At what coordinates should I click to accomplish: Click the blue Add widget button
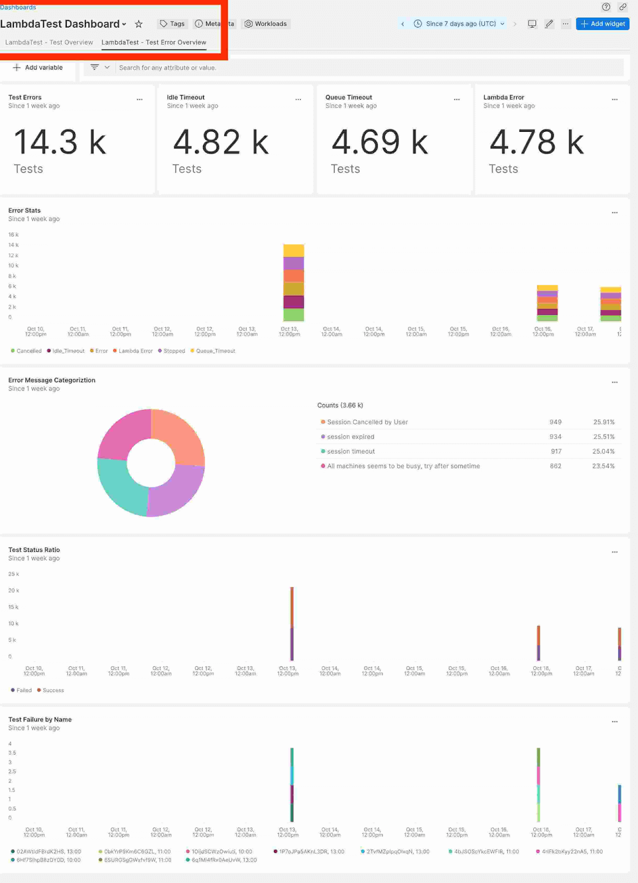[602, 24]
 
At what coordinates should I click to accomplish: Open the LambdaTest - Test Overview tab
[49, 42]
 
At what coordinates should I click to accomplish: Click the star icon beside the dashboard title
[139, 24]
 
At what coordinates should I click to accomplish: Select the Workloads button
[266, 24]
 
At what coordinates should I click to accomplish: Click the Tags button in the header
[172, 24]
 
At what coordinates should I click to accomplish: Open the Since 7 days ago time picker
[459, 24]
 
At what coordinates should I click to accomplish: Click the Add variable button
[38, 67]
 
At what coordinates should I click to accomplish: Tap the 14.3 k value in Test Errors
[60, 142]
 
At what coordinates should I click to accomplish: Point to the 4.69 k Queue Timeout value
[379, 142]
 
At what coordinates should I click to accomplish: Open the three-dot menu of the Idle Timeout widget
[298, 99]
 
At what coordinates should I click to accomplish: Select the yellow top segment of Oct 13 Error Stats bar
[293, 251]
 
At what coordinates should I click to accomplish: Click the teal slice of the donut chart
[121, 484]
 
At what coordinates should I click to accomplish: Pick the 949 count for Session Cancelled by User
[555, 422]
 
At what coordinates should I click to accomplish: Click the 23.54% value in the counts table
[603, 466]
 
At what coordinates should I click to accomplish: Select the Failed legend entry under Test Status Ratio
[22, 690]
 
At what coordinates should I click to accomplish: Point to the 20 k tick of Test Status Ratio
[13, 591]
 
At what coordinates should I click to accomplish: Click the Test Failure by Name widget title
[40, 720]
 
